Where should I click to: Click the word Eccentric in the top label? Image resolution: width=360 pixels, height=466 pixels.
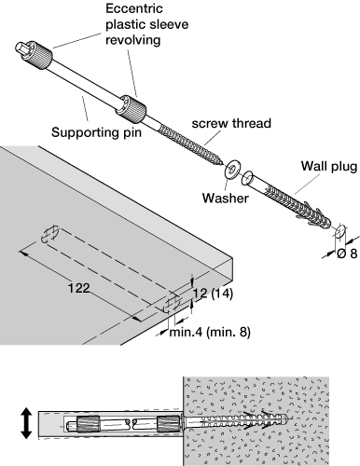134,8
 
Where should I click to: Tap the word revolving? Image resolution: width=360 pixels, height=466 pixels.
133,40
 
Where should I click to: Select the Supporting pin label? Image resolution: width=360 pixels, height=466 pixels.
96,132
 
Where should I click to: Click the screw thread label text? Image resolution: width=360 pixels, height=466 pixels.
231,123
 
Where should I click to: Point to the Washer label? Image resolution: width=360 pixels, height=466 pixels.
226,198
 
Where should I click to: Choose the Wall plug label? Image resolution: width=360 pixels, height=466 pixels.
329,167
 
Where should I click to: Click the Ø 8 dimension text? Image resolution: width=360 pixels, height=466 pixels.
347,254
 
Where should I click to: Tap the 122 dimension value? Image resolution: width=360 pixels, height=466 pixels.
79,288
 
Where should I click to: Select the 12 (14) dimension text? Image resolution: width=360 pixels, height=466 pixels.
213,294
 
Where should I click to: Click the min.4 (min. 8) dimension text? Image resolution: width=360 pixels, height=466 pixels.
210,332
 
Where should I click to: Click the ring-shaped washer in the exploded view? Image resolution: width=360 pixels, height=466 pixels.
231,170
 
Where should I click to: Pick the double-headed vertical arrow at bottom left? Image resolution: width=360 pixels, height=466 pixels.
26,423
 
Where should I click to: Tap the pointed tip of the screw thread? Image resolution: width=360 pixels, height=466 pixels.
221,161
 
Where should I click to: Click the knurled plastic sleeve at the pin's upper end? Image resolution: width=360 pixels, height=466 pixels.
41,56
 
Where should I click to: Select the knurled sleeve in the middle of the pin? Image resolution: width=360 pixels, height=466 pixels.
132,107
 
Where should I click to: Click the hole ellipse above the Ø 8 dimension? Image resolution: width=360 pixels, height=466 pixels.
339,231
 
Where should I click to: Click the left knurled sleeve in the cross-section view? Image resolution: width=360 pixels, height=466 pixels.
88,423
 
